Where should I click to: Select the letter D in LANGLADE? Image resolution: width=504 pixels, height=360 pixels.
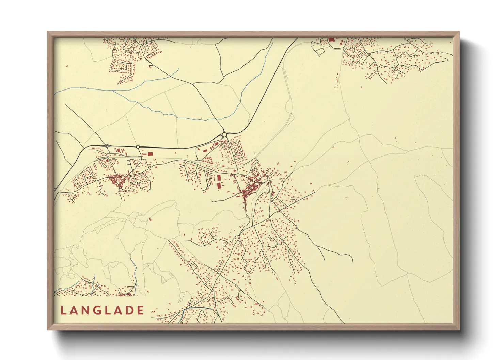[128, 310]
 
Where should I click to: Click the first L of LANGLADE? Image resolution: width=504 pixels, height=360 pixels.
[63, 310]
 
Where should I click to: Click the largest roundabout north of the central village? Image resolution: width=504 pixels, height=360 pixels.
[224, 135]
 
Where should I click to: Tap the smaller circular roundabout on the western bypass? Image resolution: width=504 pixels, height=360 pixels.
[138, 147]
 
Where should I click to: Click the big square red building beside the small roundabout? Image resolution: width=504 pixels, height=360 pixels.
[150, 154]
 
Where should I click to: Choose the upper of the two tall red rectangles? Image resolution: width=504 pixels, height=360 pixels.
[219, 177]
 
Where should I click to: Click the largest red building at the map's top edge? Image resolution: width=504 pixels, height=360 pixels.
[331, 39]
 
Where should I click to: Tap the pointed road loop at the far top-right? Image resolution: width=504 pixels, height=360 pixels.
[443, 59]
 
